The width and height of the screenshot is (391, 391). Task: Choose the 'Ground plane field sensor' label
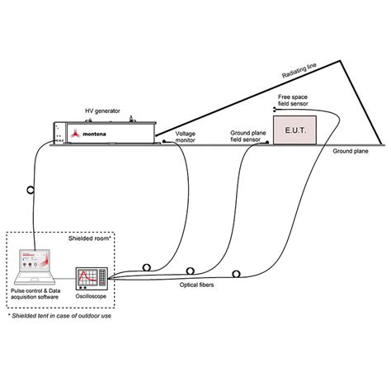248,135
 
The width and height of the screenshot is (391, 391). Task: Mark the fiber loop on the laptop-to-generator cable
31,189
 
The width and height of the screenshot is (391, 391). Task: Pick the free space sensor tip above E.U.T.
275,108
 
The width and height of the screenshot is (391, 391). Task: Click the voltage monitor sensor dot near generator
163,141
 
